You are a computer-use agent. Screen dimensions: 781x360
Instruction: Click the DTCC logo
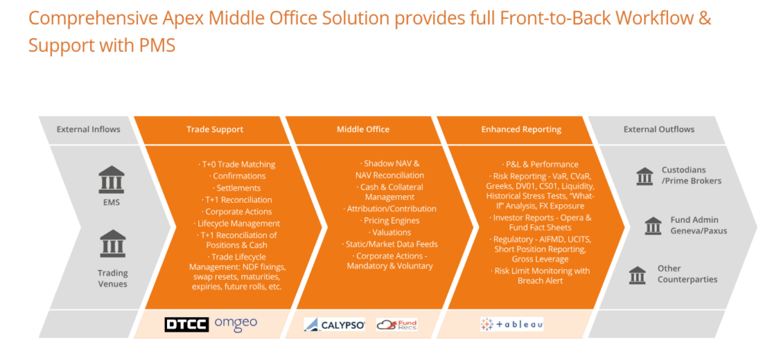tap(186, 325)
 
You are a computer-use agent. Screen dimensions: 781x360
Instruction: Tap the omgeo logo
tap(236, 323)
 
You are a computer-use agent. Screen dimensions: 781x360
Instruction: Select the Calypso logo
tap(334, 325)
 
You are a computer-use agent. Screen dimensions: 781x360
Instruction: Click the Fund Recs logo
tap(397, 325)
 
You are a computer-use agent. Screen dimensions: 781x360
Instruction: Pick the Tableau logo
tap(512, 325)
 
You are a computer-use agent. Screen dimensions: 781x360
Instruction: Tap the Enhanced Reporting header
tap(521, 130)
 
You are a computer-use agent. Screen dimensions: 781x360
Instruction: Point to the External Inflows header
tap(88, 130)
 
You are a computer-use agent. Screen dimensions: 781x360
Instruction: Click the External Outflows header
tap(659, 130)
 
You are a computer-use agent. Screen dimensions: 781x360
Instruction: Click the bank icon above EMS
tap(111, 179)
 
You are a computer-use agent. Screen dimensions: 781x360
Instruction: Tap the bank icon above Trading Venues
tap(113, 243)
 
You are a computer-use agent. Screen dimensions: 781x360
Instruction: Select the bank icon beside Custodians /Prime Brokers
tap(644, 175)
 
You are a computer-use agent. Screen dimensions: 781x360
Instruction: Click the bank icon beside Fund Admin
tap(653, 225)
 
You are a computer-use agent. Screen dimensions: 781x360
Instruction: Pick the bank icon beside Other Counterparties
tap(637, 275)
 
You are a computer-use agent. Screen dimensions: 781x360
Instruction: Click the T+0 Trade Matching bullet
tap(236, 164)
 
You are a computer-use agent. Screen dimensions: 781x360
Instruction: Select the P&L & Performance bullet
tap(540, 164)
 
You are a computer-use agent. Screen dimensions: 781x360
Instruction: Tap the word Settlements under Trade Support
tap(239, 188)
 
